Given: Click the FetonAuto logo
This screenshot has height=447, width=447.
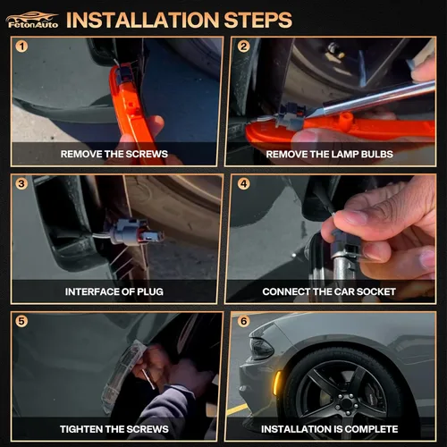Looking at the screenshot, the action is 32,21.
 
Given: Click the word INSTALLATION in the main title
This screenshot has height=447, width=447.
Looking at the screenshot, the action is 142,21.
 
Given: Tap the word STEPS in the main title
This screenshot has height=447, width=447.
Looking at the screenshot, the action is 258,21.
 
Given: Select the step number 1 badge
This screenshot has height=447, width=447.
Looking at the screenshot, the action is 21,46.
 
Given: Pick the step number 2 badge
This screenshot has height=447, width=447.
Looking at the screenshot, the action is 244,46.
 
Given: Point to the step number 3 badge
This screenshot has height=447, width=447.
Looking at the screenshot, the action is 21,184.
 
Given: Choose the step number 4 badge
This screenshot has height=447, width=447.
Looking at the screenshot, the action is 244,184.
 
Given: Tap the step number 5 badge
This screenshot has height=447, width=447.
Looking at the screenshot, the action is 21,321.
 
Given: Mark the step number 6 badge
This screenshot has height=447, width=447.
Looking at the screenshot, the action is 244,321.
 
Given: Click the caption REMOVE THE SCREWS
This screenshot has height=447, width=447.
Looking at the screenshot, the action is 114,154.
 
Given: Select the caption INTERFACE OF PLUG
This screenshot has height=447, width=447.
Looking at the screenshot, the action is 114,291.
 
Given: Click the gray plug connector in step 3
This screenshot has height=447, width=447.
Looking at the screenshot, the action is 133,232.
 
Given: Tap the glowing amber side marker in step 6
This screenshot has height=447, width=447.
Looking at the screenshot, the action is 277,383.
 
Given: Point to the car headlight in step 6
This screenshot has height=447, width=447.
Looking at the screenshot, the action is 262,348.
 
